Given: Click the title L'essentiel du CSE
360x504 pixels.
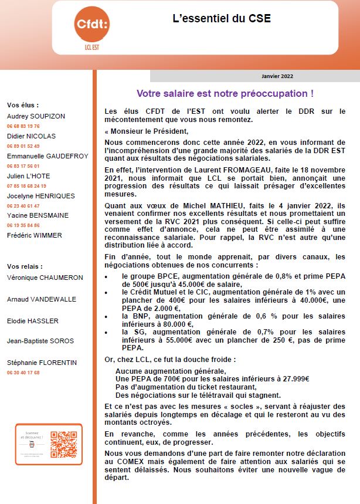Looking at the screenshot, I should click(222, 18).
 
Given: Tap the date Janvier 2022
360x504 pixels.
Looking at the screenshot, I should click(277, 76).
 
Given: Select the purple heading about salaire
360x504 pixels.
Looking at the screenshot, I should click(225, 93).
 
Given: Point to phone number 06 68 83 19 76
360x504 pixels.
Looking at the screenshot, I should click(23, 126).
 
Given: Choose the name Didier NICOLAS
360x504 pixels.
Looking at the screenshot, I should click(32, 136).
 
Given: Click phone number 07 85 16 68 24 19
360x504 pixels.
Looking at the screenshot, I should click(27, 186).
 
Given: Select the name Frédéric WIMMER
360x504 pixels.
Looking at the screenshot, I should click(35, 236).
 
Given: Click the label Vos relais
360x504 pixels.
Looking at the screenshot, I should click(25, 266).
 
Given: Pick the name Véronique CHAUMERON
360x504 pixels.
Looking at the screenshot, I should click(45, 278).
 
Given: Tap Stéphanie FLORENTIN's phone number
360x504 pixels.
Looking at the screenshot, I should click(23, 373).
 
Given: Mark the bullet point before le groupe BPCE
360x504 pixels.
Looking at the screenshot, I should click(106, 276).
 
